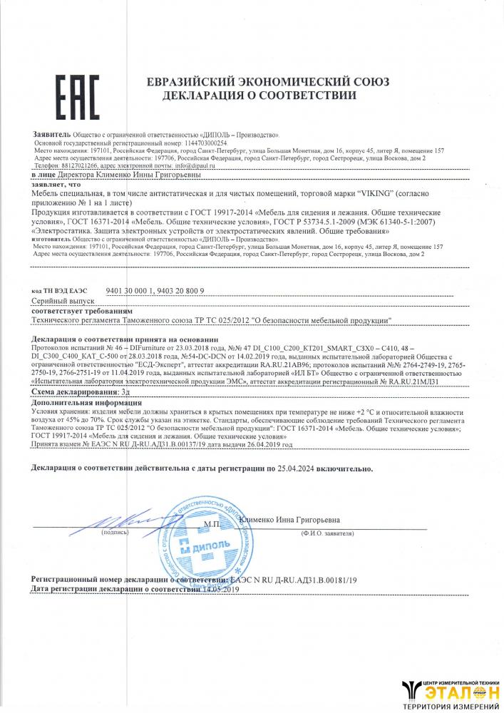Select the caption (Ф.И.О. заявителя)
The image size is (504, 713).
coord(328,532)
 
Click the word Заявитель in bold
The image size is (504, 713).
coord(51,134)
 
